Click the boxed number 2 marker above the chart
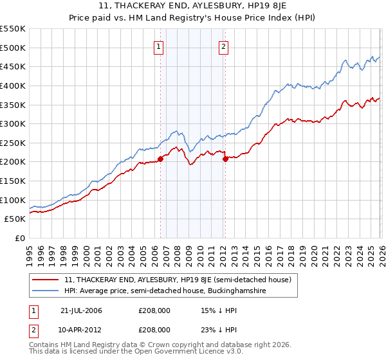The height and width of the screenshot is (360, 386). click(x=223, y=46)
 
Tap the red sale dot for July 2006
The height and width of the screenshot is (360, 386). click(x=160, y=159)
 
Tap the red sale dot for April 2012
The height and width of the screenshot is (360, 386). click(x=225, y=159)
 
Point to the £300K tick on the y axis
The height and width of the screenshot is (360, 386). click(x=12, y=123)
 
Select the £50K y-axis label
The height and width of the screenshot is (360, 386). click(x=14, y=219)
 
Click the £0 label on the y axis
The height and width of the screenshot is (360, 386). click(x=20, y=238)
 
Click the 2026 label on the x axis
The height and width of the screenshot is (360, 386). click(x=381, y=250)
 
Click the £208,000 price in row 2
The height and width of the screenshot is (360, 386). click(x=154, y=329)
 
